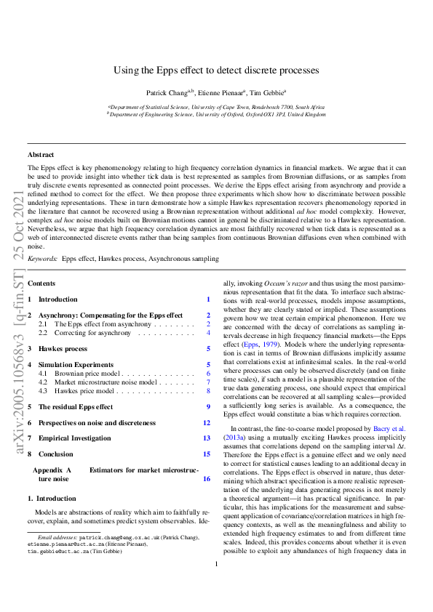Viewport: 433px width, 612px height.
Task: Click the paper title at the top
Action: click(216, 71)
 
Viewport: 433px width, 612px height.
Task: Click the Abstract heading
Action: click(41, 155)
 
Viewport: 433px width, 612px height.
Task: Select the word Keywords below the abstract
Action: click(43, 258)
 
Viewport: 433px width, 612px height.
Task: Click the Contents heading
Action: click(41, 282)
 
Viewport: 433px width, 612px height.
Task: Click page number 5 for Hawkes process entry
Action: click(208, 349)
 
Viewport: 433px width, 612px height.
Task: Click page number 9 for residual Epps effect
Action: click(208, 407)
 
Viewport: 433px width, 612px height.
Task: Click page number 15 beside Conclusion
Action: click(207, 454)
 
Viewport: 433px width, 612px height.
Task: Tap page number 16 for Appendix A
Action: click(207, 479)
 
